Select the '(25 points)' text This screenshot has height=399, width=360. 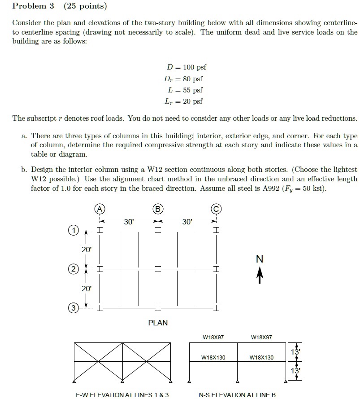pos(85,6)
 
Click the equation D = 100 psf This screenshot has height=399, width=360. pos(186,67)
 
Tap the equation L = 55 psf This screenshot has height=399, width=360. pos(186,90)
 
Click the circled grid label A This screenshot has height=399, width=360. pos(100,208)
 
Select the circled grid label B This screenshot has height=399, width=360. pos(158,208)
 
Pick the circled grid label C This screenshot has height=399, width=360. pos(217,208)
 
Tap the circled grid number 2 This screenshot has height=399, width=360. pos(72,269)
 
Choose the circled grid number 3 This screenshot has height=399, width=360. pos(72,308)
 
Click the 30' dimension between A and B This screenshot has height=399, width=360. pos(129,221)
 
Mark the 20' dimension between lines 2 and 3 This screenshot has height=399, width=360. pos(86,289)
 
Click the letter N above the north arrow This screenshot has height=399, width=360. pos(259,259)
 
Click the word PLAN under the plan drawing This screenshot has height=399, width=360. pos(158,323)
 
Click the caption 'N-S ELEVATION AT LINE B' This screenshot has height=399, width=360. pos(237,395)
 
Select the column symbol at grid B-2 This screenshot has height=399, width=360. pos(158,269)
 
